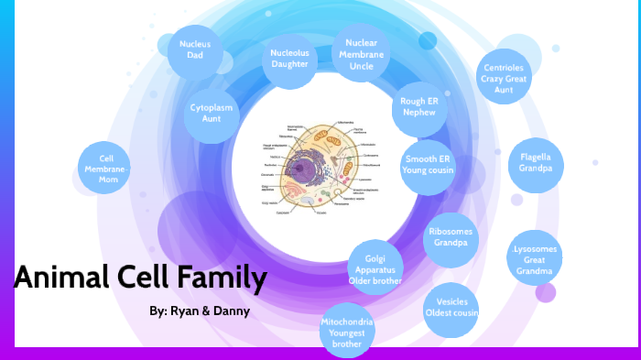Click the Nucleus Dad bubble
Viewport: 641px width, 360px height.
click(195, 49)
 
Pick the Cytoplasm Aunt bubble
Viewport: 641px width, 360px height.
click(212, 114)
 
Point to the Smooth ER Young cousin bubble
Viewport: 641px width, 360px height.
click(429, 164)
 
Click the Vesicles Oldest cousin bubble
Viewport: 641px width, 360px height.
click(451, 307)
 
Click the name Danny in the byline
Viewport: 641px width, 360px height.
click(232, 311)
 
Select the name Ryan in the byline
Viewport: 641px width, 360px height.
click(183, 311)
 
